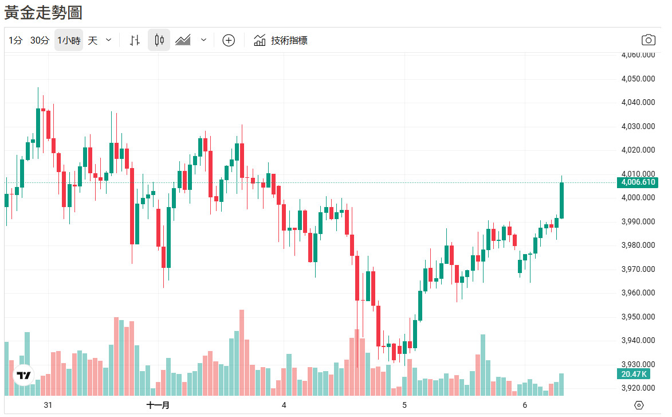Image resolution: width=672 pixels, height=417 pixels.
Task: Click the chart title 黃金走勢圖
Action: point(44,12)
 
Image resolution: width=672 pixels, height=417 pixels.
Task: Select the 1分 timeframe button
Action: point(15,40)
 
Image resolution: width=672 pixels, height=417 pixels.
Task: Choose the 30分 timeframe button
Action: point(40,40)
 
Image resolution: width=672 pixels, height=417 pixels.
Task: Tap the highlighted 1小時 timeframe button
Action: point(69,40)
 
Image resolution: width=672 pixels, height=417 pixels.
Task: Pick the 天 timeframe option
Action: point(93,40)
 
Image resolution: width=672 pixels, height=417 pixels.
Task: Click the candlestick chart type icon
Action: point(159,40)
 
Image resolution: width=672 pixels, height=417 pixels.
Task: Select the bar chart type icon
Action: point(135,40)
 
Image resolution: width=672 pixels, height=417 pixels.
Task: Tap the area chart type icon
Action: point(183,40)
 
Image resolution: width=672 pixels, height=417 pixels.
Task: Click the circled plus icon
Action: point(229,40)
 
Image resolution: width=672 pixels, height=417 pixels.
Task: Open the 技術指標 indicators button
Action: point(281,40)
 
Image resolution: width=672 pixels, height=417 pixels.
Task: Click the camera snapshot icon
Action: point(648,40)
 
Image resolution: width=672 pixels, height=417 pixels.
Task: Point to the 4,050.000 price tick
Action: point(638,79)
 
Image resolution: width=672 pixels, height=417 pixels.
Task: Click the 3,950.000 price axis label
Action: point(638,317)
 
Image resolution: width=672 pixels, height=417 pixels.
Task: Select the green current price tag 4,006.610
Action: point(637,182)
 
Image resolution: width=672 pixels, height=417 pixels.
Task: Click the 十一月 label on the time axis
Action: point(158,405)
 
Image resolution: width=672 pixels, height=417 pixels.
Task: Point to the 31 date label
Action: point(48,405)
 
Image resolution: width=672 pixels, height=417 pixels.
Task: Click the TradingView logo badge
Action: point(23,376)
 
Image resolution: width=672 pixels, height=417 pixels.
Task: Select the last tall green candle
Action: point(562,200)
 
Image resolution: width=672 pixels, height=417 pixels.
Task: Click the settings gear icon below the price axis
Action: point(639,405)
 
